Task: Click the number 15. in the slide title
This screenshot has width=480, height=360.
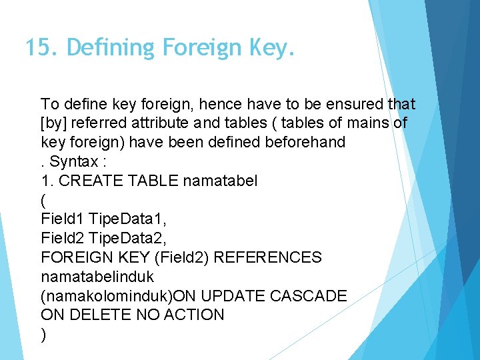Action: click(42, 48)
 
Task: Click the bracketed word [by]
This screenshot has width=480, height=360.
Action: click(54, 123)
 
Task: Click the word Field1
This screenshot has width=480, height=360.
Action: click(62, 219)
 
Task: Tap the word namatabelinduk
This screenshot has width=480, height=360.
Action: click(97, 276)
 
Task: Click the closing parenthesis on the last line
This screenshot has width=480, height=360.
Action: click(44, 335)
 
